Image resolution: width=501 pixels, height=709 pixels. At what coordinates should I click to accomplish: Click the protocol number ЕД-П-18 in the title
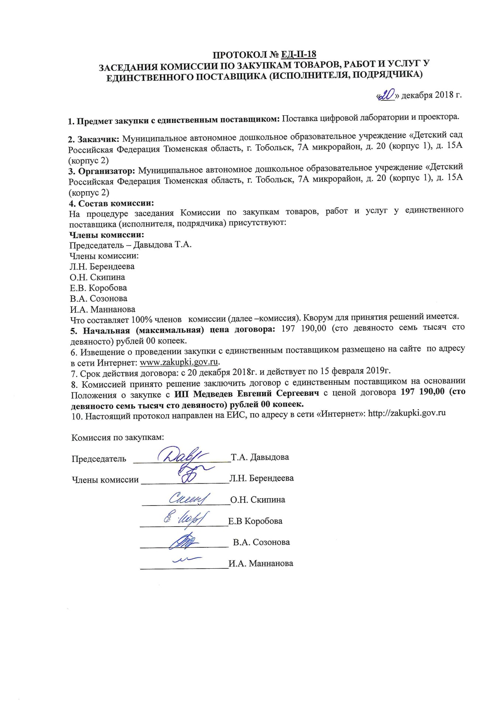point(298,54)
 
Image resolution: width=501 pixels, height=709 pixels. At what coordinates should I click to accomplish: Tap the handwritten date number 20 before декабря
point(386,95)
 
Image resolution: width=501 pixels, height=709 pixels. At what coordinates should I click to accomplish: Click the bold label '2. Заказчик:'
point(94,139)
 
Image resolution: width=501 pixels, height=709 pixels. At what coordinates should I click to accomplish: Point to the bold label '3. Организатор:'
point(102,171)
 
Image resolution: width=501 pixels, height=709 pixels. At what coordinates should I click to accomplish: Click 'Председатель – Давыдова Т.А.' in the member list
point(131,244)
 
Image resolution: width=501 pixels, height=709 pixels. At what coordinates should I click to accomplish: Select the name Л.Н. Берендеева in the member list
point(102,266)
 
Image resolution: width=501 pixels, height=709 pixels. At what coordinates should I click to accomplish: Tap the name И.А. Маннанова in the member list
point(103,309)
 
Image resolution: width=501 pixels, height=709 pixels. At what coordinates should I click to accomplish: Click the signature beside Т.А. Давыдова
point(182,455)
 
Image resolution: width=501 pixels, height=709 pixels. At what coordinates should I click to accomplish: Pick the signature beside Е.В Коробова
point(186,519)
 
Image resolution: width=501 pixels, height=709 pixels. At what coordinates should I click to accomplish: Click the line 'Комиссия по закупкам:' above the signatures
point(117,438)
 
